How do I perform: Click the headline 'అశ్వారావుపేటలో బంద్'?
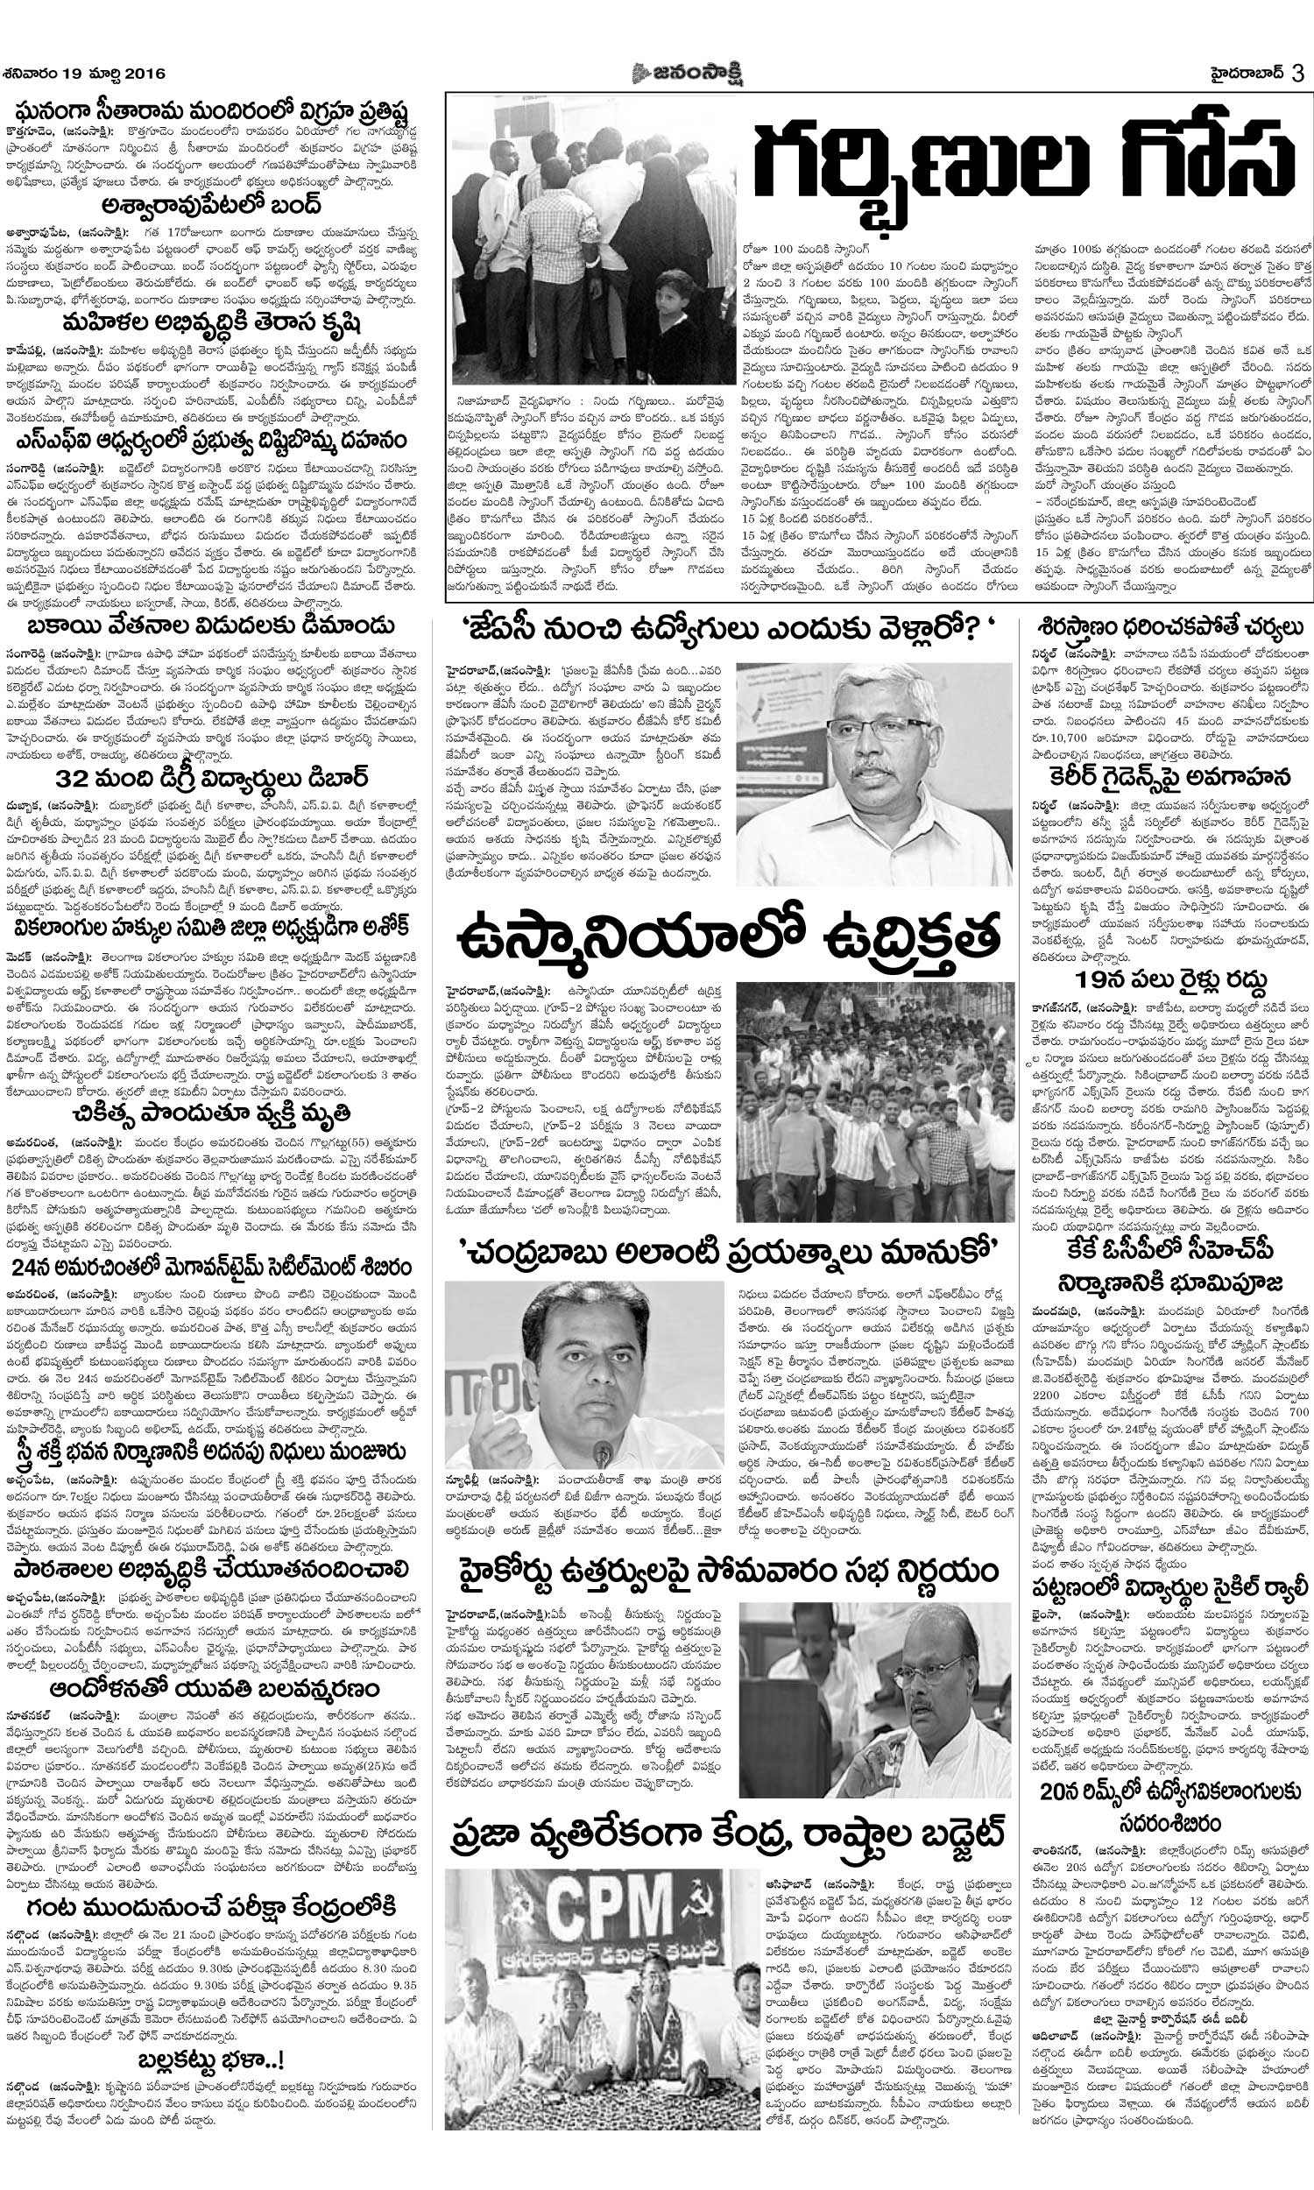[x=211, y=207]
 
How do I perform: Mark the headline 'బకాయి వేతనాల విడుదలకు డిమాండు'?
[x=211, y=627]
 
